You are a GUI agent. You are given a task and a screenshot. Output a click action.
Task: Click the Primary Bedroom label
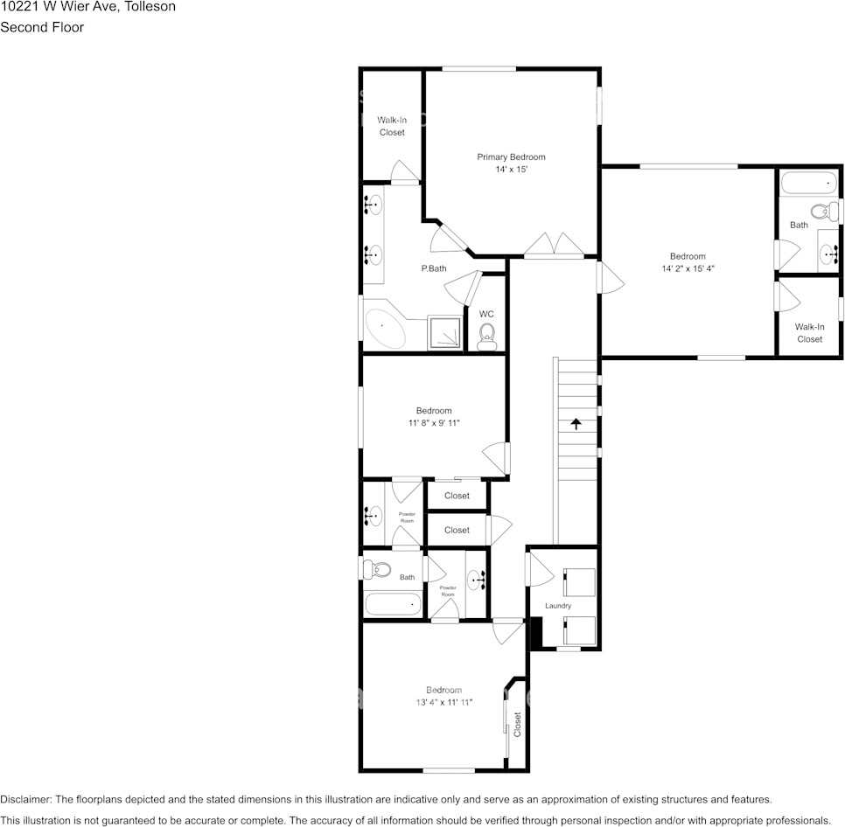511,157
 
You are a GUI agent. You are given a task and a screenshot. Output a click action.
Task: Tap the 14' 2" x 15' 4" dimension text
688,269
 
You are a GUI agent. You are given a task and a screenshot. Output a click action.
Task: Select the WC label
486,314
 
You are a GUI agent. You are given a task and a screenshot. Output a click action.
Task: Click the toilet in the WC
487,334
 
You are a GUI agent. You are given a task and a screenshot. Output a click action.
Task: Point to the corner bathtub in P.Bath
385,329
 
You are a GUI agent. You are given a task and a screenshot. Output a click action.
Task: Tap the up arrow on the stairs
576,424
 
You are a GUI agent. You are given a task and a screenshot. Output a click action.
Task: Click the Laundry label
558,606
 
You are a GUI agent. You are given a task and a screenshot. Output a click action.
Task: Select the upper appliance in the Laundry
579,581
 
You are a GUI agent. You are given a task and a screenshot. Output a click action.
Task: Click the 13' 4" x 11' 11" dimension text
444,702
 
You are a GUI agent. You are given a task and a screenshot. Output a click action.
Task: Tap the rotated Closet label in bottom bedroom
517,724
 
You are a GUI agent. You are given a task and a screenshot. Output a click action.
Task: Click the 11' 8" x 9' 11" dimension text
434,423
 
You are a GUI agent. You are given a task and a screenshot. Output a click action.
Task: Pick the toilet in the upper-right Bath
822,211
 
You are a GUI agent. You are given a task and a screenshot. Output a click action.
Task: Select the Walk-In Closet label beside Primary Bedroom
392,126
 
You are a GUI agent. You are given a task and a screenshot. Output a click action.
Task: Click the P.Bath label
434,268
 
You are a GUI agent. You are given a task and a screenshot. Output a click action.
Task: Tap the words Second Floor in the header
42,27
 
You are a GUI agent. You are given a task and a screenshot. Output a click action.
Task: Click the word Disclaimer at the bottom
25,799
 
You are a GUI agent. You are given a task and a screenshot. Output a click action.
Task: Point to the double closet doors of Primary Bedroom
554,245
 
